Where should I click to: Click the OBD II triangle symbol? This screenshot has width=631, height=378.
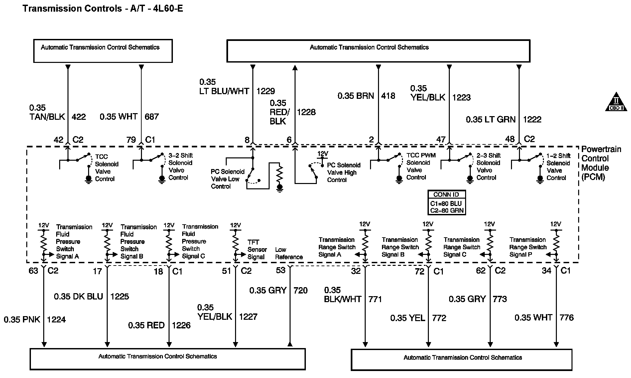click(x=616, y=102)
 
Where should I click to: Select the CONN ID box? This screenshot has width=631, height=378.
click(x=446, y=202)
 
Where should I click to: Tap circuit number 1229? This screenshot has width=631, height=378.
click(x=266, y=91)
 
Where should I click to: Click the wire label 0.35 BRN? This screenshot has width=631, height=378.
click(x=356, y=96)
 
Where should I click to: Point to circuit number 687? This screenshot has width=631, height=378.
click(x=152, y=116)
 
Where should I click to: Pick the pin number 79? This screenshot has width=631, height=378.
click(x=131, y=140)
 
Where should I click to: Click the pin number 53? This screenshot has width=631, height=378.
click(x=281, y=270)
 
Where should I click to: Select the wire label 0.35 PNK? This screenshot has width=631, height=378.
click(x=22, y=319)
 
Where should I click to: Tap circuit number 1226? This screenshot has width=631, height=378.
click(x=181, y=325)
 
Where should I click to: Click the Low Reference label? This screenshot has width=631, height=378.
click(x=289, y=253)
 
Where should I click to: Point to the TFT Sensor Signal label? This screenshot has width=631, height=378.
click(x=257, y=250)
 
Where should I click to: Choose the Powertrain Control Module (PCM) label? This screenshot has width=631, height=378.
click(x=601, y=163)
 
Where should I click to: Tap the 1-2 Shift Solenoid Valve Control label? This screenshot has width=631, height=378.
click(x=558, y=167)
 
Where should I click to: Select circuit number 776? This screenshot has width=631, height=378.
click(x=567, y=317)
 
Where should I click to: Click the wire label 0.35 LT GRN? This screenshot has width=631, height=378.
click(x=490, y=119)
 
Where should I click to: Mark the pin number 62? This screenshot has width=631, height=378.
click(x=481, y=271)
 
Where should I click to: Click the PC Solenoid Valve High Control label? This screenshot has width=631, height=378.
click(x=343, y=172)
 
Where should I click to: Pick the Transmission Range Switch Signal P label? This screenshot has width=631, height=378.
click(x=528, y=247)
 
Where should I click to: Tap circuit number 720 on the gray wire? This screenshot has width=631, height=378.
click(x=301, y=290)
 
